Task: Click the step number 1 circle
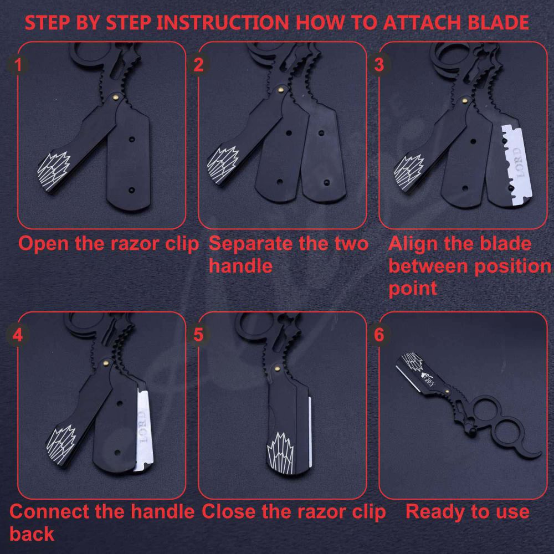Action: [18, 65]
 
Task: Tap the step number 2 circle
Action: [198, 65]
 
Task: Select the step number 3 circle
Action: [379, 65]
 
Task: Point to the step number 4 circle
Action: [18, 334]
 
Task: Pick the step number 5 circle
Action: [198, 334]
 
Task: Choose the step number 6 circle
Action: [379, 334]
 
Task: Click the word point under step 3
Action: [413, 289]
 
